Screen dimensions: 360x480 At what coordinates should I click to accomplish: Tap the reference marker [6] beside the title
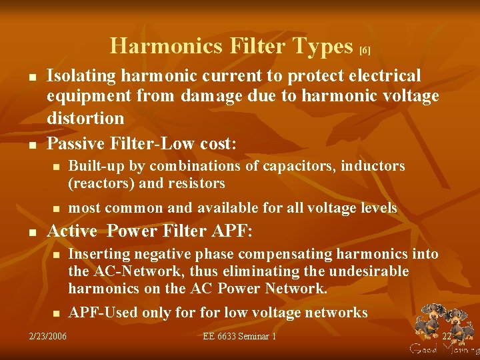pos(365,50)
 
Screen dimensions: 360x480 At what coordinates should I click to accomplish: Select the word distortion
pos(85,118)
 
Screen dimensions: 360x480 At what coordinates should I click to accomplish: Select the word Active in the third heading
pos(73,231)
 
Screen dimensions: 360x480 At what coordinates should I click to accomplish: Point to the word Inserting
pos(101,254)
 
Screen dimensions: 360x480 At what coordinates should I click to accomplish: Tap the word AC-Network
pos(127,271)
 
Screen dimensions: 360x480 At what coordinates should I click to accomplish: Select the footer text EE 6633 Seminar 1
pos(239,337)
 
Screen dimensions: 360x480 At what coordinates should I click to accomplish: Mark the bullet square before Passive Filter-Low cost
pos(32,144)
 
